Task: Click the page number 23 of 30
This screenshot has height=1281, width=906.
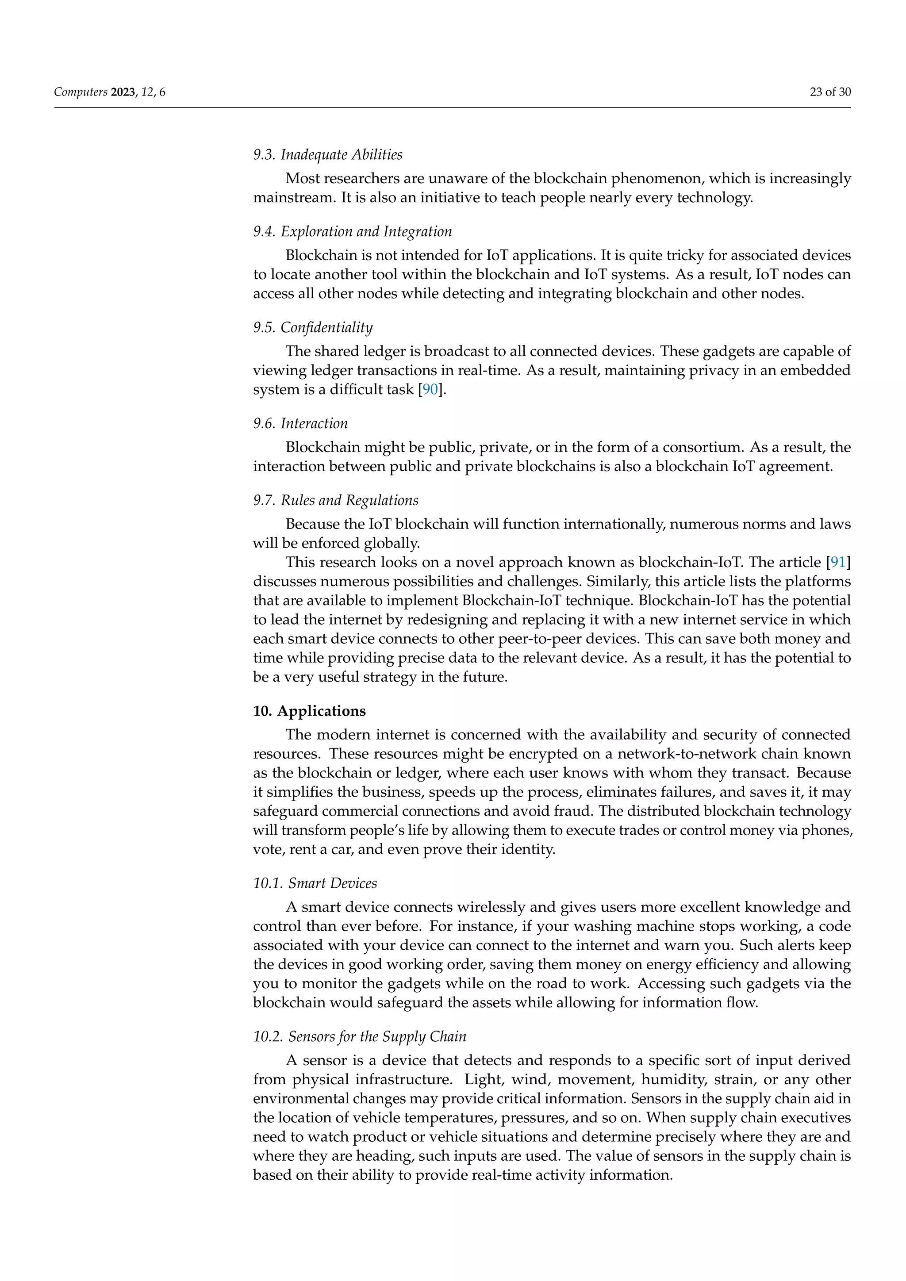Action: coord(829,92)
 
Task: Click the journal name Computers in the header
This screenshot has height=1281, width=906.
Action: coord(81,92)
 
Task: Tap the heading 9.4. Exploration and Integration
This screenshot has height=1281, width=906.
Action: coord(352,231)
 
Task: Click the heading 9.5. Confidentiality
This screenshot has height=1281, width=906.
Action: coord(312,327)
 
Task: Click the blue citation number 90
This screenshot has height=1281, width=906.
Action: coord(430,389)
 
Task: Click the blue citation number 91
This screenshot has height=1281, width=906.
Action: coord(838,562)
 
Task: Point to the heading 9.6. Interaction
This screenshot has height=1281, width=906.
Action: coord(300,423)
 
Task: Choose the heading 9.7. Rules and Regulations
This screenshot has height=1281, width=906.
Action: coord(335,500)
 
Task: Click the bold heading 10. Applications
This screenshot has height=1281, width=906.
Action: coord(309,711)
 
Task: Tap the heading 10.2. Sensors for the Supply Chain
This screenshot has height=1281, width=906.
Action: coord(359,1037)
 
